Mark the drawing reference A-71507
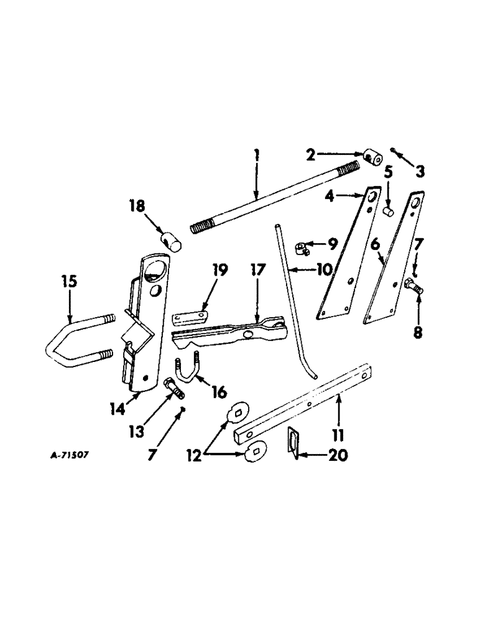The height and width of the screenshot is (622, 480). [72, 455]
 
